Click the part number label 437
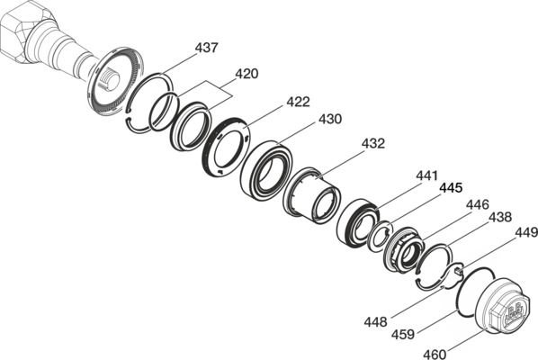tap(206, 48)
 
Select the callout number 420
tap(247, 74)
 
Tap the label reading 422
tap(298, 102)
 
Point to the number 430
tap(330, 119)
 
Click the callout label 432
tap(373, 143)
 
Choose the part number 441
tap(426, 175)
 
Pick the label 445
tap(452, 188)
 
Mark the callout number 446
tap(477, 205)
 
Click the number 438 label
tap(500, 217)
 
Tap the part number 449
tap(526, 233)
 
